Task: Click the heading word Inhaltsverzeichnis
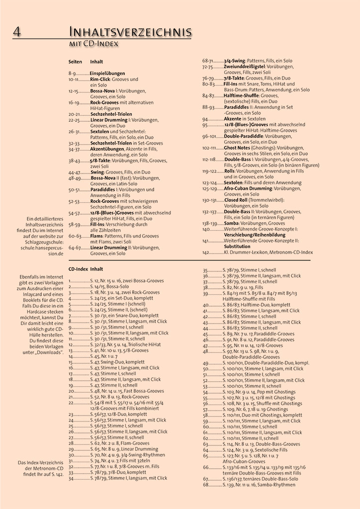pos(130,33)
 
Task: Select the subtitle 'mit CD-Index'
pos(93,45)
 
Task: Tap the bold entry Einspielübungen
pos(107,73)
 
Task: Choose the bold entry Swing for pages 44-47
pos(97,172)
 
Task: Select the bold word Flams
pos(97,236)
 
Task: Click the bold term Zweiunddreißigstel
pos(244,67)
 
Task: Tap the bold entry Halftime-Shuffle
pos(241,95)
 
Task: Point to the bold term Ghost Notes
pos(238,148)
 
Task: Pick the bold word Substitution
pos(237,247)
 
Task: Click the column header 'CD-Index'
pos(78,269)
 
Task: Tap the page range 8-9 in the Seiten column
pos(72,73)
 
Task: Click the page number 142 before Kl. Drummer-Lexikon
pos(206,253)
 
